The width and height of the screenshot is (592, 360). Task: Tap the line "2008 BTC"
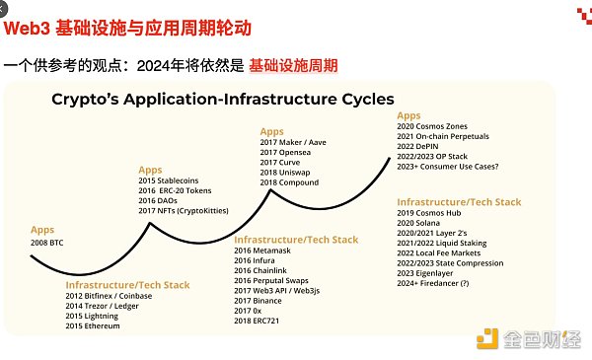(x=53, y=241)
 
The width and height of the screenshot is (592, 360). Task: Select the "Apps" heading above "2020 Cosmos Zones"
(x=408, y=115)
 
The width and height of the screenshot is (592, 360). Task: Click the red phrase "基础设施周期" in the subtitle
(x=293, y=66)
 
